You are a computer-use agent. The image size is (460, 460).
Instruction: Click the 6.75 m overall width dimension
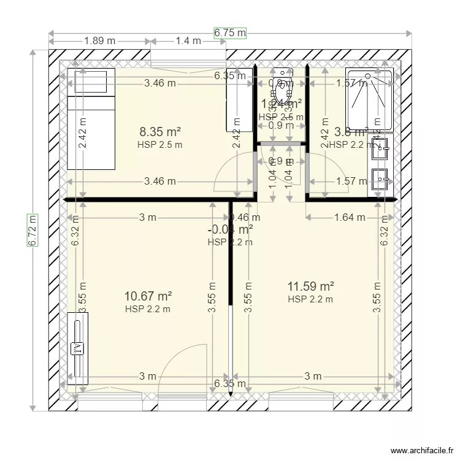230,33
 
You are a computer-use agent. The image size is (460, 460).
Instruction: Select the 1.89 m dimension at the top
100,41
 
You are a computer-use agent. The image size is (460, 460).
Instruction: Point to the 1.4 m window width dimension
188,41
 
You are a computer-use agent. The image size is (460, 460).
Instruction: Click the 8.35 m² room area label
160,131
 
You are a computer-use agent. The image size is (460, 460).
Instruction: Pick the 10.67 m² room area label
148,297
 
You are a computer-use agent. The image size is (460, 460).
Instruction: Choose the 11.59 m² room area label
310,286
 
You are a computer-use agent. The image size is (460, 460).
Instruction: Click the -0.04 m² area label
231,230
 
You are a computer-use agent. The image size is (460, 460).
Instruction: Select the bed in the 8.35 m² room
91,120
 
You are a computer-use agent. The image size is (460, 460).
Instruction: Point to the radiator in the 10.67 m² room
78,348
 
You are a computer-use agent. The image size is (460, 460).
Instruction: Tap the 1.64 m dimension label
350,217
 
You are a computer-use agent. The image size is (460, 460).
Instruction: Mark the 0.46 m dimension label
245,217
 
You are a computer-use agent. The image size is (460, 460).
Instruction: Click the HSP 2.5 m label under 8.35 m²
160,145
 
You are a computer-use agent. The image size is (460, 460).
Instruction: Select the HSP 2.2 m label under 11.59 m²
310,299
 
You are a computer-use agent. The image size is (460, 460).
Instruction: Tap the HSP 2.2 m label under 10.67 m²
148,309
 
